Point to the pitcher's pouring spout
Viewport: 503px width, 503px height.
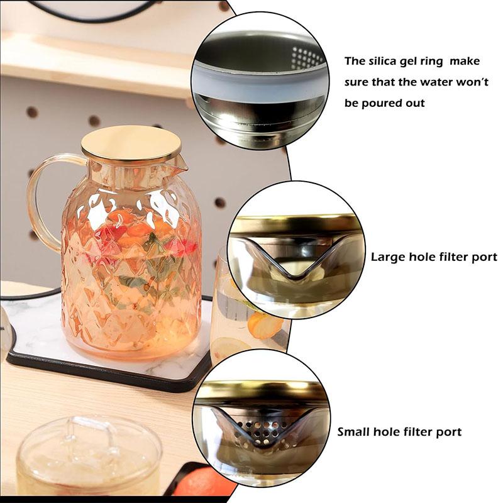180,165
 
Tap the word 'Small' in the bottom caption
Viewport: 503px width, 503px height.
355,432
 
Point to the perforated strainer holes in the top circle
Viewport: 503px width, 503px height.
307,58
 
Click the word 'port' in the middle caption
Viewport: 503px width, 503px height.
484,257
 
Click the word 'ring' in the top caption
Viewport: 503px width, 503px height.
443,62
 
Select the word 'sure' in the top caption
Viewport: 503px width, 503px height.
358,82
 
